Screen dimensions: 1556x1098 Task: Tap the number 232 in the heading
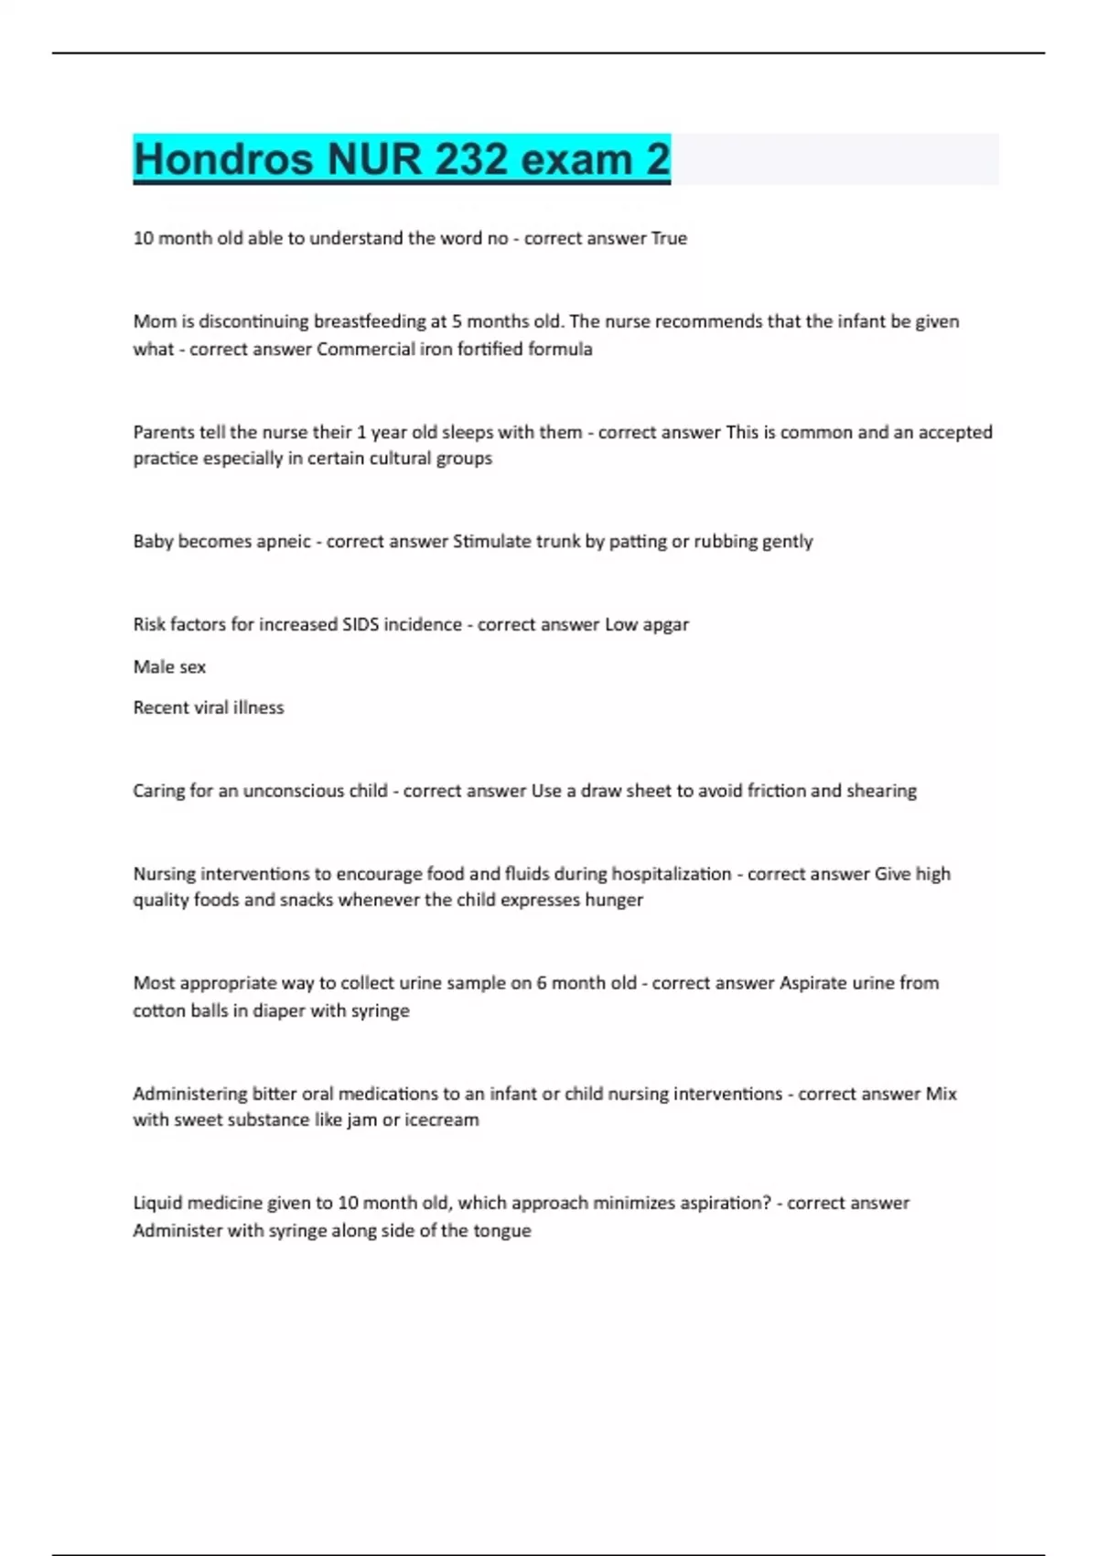[x=470, y=159]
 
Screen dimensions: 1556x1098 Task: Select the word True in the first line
[x=669, y=238]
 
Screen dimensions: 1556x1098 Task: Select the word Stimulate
[x=492, y=541]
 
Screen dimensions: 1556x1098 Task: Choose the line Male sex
[x=169, y=666]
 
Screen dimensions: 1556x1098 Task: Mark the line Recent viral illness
[x=209, y=708]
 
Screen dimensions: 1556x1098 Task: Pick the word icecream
[x=441, y=1119]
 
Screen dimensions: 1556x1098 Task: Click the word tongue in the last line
[x=501, y=1230]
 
